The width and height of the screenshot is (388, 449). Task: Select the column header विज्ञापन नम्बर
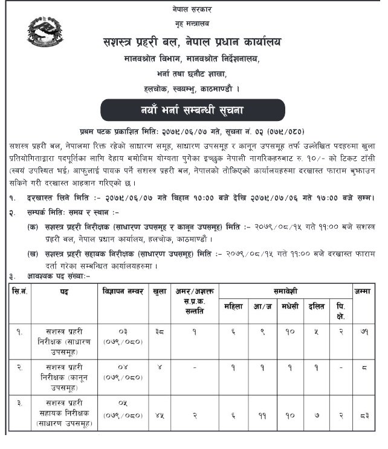click(x=123, y=291)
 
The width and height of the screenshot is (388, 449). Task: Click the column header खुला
click(x=160, y=291)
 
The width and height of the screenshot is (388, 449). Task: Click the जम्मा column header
click(x=364, y=291)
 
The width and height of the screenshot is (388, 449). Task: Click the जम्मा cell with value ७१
click(x=364, y=332)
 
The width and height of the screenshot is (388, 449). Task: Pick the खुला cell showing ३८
click(x=160, y=332)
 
